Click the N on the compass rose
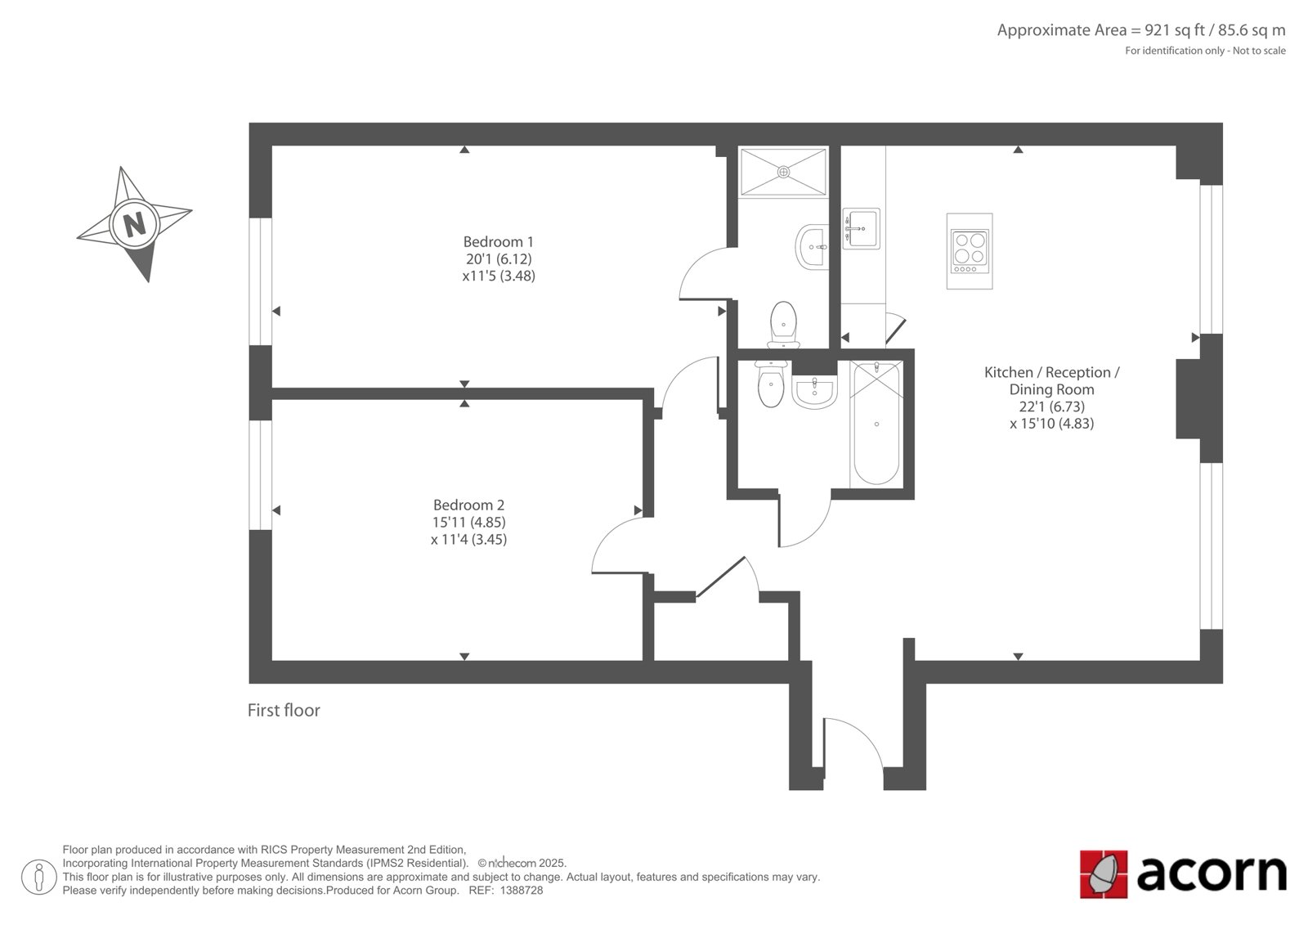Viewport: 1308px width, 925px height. pyautogui.click(x=135, y=224)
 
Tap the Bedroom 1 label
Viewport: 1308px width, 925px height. pyautogui.click(x=498, y=242)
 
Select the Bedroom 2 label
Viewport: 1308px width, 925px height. pyautogui.click(x=468, y=505)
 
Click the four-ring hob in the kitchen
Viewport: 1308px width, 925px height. pyautogui.click(x=970, y=251)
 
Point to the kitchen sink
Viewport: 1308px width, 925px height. pyautogui.click(x=862, y=228)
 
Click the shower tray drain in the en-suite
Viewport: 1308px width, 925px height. pyautogui.click(x=784, y=172)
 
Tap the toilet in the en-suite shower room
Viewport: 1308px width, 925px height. pyautogui.click(x=784, y=325)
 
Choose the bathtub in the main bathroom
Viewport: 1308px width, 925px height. pyautogui.click(x=876, y=423)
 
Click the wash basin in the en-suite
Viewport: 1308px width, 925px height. pyautogui.click(x=813, y=247)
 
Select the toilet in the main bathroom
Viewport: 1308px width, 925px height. pyautogui.click(x=771, y=384)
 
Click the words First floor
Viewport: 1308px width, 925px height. pyautogui.click(x=284, y=710)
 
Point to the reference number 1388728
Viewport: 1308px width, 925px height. pyautogui.click(x=522, y=891)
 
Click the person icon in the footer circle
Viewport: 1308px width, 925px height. pyautogui.click(x=39, y=877)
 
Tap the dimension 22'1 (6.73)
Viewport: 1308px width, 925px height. pyautogui.click(x=1051, y=406)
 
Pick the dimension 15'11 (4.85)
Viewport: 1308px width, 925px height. pyautogui.click(x=468, y=522)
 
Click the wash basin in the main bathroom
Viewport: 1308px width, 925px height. pyautogui.click(x=814, y=392)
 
